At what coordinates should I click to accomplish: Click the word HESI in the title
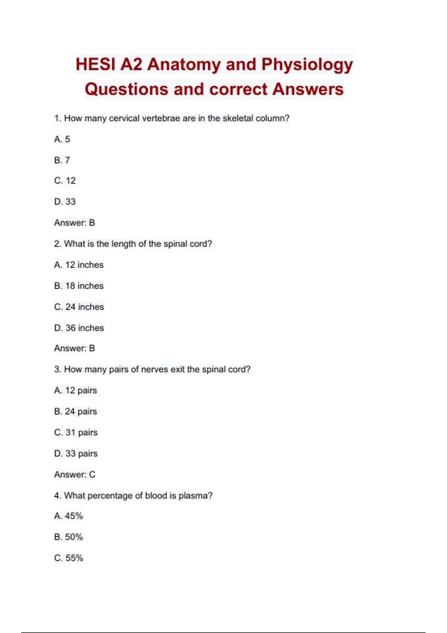(x=95, y=64)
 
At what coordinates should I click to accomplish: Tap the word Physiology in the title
(x=307, y=64)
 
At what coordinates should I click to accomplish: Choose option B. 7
(x=62, y=160)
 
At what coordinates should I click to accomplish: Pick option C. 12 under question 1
(x=65, y=181)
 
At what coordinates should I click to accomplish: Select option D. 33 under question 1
(x=65, y=201)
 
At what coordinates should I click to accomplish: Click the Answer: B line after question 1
(x=74, y=223)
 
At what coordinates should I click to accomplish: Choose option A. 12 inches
(x=79, y=265)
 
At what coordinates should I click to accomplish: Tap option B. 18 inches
(x=79, y=286)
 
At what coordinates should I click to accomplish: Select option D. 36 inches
(x=79, y=328)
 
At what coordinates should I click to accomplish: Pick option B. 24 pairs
(x=76, y=411)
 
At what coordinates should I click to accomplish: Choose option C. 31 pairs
(x=76, y=432)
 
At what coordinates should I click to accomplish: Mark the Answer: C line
(x=74, y=474)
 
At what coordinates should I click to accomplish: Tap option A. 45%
(x=69, y=516)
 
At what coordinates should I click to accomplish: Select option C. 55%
(x=69, y=558)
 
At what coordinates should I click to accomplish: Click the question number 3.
(x=57, y=369)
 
